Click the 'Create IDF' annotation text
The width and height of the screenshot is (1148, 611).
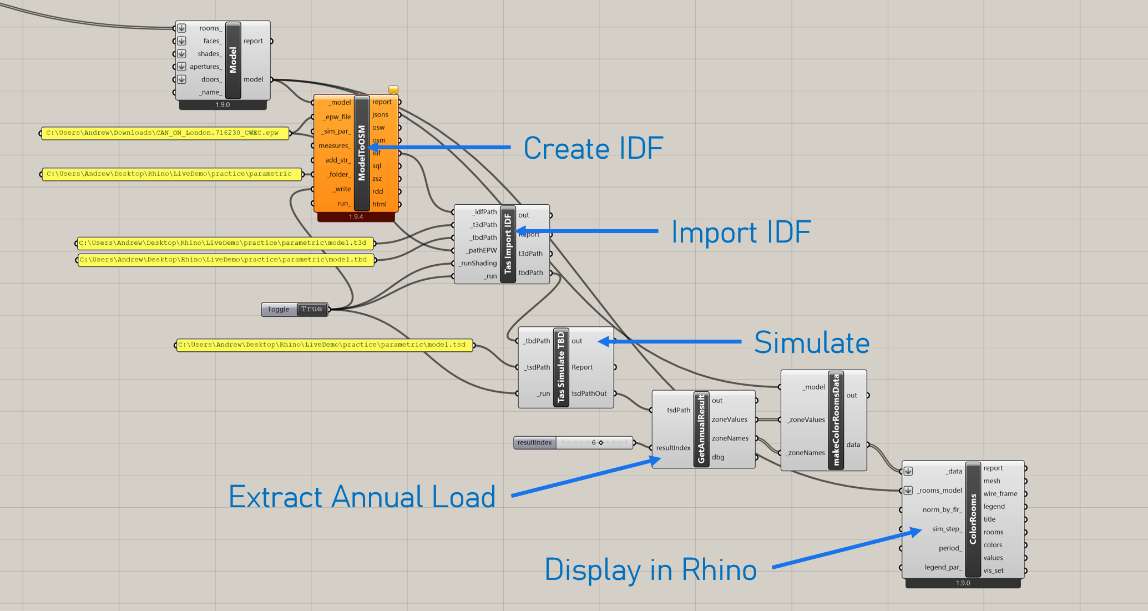point(593,149)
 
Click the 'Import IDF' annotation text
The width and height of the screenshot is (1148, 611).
point(741,232)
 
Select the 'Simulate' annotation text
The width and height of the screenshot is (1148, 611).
point(811,342)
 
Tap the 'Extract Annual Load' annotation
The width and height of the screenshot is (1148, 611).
point(362,497)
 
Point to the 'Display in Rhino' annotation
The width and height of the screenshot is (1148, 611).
point(650,570)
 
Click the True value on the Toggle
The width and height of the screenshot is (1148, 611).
point(311,309)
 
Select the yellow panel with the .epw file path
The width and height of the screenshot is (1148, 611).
point(165,133)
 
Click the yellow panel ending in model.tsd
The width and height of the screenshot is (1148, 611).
point(325,345)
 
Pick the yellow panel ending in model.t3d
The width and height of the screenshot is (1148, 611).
point(225,243)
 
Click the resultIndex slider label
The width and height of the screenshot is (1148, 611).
point(534,443)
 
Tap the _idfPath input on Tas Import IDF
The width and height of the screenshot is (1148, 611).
point(484,212)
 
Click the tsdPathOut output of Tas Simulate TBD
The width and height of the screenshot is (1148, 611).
point(589,393)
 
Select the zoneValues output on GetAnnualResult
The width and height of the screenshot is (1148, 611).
point(729,420)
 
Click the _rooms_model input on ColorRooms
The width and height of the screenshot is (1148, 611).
point(939,491)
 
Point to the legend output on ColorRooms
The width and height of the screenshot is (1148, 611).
point(994,507)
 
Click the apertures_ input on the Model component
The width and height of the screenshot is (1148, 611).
point(205,67)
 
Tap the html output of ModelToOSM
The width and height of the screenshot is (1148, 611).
point(380,204)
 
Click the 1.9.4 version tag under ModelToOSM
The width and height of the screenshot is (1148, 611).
point(356,217)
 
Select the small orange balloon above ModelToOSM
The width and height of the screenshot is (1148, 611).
point(393,89)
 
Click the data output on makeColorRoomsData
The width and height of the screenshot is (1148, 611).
point(853,445)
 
